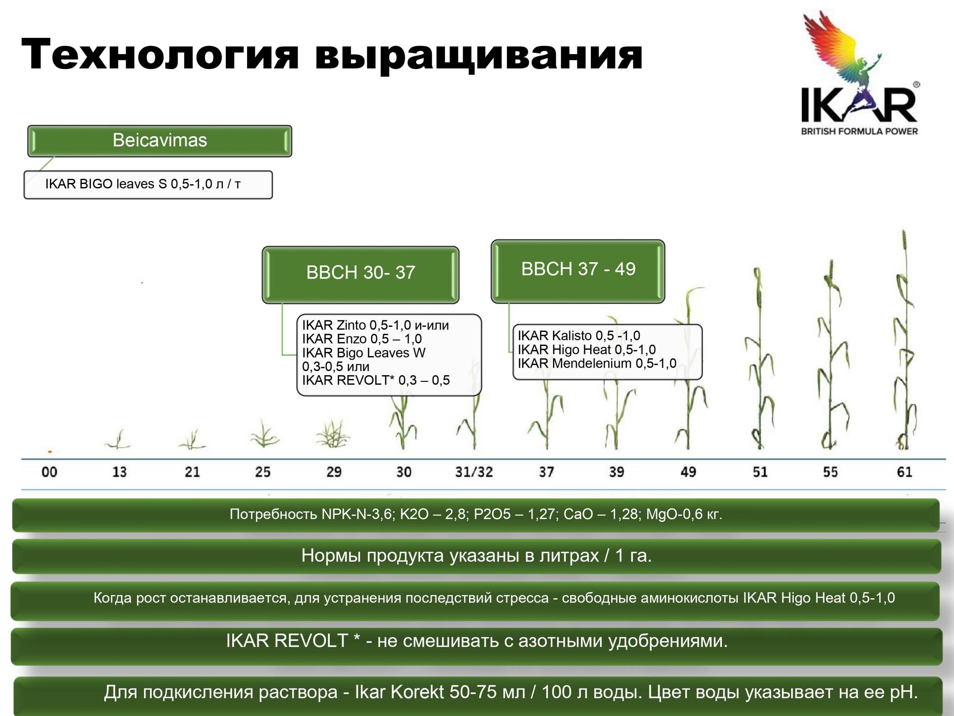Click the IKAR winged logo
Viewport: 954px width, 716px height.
860,73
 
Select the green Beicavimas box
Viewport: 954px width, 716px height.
159,141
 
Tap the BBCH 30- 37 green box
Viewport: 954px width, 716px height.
361,275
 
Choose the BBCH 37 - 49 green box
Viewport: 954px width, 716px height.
578,271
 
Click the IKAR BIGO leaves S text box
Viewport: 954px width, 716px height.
148,185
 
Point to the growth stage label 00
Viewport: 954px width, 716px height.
49,472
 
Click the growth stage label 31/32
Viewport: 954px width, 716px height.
474,472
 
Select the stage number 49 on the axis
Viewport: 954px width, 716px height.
688,472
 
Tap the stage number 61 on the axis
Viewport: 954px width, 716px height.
904,472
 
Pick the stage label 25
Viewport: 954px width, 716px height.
263,472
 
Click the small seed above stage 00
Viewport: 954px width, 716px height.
50,452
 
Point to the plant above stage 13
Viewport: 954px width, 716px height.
118,439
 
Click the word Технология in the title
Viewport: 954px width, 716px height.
160,55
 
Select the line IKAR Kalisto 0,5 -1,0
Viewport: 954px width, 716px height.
579,335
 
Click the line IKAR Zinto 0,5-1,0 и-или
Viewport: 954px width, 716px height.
375,325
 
